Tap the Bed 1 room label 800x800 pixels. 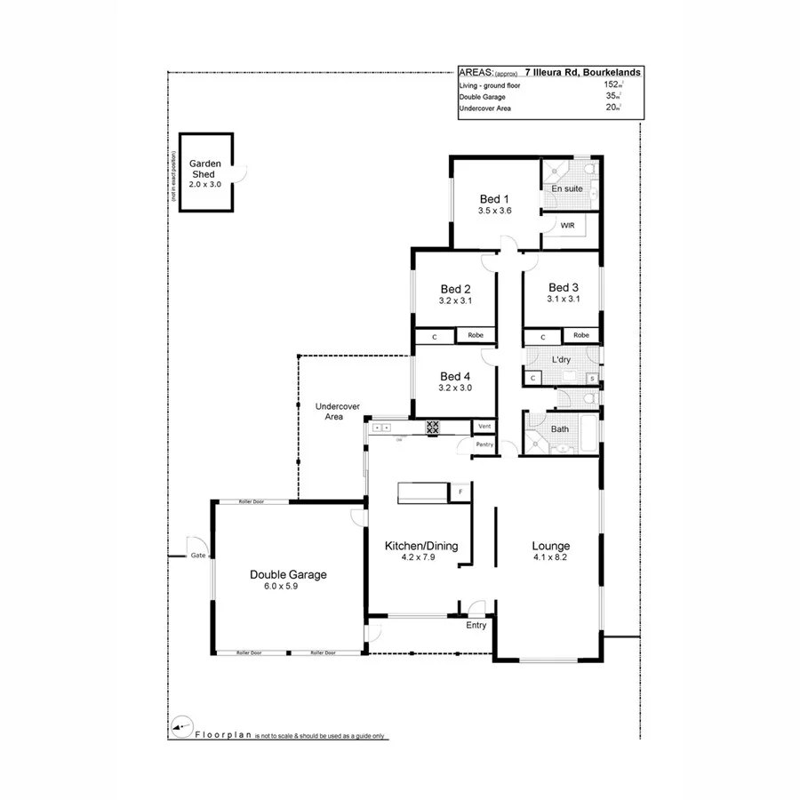pyautogui.click(x=494, y=198)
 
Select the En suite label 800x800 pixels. pyautogui.click(x=567, y=189)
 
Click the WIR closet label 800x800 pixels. pyautogui.click(x=568, y=226)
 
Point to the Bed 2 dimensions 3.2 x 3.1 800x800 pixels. pyautogui.click(x=454, y=301)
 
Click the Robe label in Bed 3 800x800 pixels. pyautogui.click(x=580, y=335)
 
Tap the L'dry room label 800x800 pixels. pyautogui.click(x=561, y=359)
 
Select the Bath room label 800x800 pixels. pyautogui.click(x=560, y=429)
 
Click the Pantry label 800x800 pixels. pyautogui.click(x=484, y=444)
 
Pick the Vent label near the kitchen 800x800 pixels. pyautogui.click(x=485, y=427)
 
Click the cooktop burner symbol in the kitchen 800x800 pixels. pyautogui.click(x=433, y=427)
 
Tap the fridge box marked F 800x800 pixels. pyautogui.click(x=460, y=491)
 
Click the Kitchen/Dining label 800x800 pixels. pyautogui.click(x=420, y=546)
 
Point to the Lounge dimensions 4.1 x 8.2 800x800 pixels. pyautogui.click(x=550, y=558)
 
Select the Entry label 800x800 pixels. pyautogui.click(x=476, y=625)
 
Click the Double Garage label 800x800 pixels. pyautogui.click(x=287, y=574)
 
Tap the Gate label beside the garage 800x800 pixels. pyautogui.click(x=197, y=555)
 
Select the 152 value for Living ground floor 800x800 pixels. pyautogui.click(x=610, y=84)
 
